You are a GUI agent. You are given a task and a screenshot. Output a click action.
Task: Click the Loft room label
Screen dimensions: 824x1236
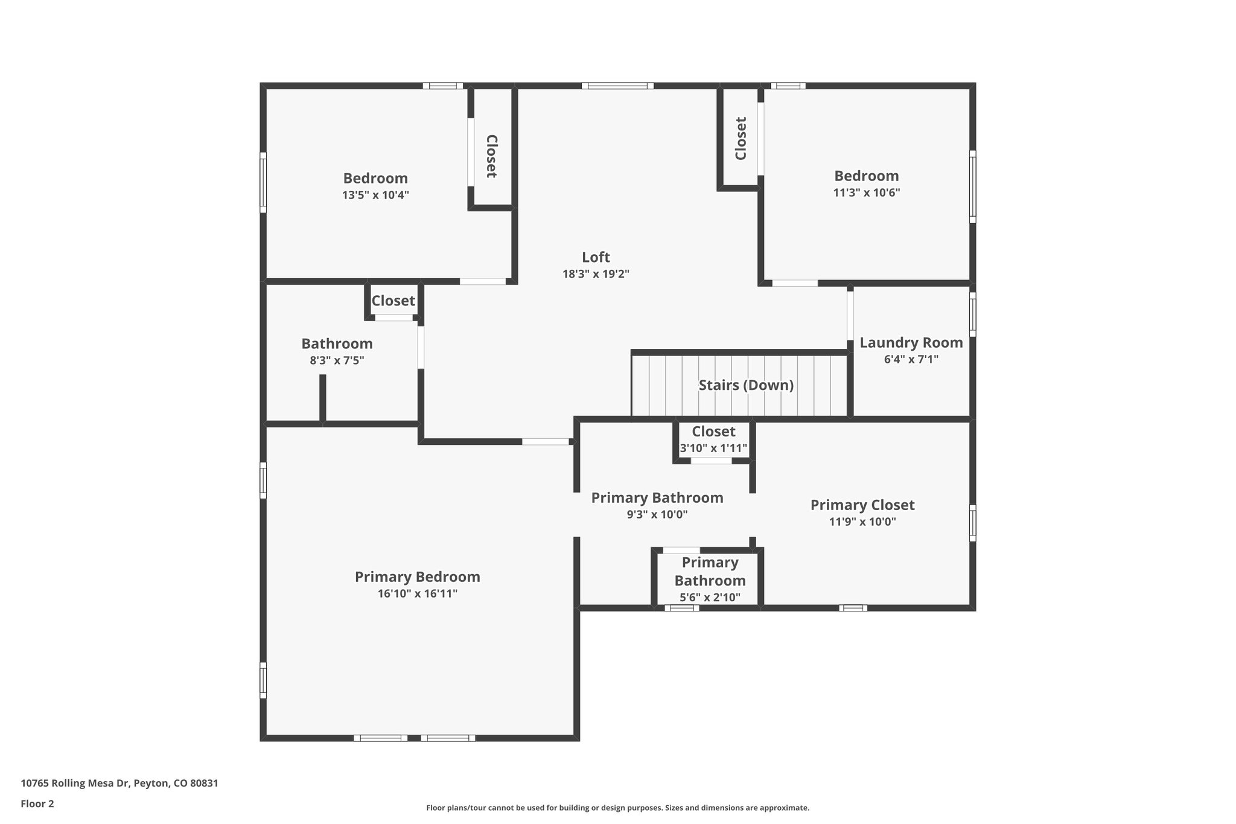[x=596, y=257]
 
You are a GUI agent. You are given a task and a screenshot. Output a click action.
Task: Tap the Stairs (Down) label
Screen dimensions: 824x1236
[x=746, y=385]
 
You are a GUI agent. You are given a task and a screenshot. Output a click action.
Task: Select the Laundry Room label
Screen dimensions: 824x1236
[x=911, y=343]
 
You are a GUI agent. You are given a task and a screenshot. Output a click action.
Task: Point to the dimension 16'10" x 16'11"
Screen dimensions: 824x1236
[x=417, y=593]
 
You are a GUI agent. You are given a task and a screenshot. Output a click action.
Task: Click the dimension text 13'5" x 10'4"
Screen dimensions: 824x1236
[x=375, y=195]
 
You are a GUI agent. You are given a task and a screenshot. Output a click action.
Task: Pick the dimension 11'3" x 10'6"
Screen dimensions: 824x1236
[x=866, y=193]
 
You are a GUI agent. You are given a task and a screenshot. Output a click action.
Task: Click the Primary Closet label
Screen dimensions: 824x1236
[x=862, y=505]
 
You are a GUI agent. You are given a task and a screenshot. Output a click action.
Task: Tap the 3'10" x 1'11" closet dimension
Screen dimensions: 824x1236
[x=713, y=449]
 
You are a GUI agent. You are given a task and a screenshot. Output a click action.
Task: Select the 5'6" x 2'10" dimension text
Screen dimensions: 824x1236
[x=710, y=598]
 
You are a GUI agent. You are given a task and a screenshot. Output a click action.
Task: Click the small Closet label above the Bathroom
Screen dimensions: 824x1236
[x=393, y=301]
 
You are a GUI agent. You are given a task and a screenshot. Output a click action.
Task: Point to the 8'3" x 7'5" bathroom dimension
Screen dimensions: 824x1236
[x=337, y=360]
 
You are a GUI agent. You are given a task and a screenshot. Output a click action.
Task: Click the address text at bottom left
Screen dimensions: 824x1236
[x=119, y=784]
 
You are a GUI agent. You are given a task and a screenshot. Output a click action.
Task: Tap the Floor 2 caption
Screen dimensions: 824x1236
[x=37, y=803]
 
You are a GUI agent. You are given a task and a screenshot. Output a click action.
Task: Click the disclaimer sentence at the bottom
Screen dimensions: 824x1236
[x=617, y=808]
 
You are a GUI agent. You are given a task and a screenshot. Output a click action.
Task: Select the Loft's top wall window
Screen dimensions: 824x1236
[x=617, y=86]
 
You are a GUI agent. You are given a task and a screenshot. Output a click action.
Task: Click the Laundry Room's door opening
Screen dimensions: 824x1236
[x=850, y=315]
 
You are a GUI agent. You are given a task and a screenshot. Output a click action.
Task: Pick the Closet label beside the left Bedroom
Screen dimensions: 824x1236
[x=491, y=156]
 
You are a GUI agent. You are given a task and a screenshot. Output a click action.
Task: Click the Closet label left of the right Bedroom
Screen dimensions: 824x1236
[x=741, y=138]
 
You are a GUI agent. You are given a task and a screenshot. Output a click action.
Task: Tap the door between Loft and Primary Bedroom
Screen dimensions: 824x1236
[x=546, y=442]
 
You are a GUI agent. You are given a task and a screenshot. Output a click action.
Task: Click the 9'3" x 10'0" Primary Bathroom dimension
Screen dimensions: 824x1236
[x=657, y=514]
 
